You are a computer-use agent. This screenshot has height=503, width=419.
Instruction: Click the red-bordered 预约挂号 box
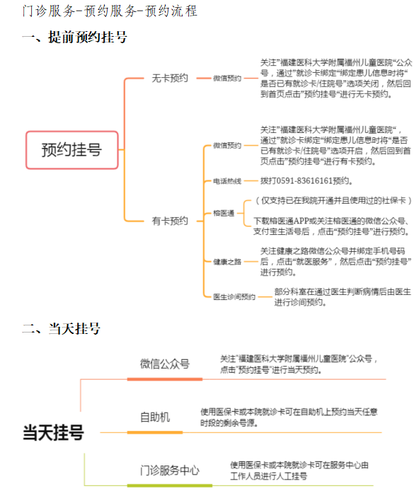[x=72, y=150]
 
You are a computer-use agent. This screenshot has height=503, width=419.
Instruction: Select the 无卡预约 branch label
[x=170, y=78]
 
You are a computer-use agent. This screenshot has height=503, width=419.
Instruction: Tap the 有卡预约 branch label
[x=170, y=221]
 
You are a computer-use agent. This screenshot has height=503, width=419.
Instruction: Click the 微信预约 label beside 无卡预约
[x=227, y=79]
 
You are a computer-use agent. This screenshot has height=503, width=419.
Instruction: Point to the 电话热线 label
[x=227, y=181]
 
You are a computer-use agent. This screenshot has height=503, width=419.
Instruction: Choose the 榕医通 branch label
[x=224, y=214]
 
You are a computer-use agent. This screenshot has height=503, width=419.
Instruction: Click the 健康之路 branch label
[x=227, y=262]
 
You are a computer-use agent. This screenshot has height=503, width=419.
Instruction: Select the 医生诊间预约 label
[x=234, y=297]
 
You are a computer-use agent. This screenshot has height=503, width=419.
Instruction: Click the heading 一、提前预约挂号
[x=75, y=37]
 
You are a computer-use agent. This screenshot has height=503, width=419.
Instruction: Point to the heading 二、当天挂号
[x=62, y=329]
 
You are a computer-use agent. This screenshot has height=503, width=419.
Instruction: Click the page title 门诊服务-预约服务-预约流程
[x=110, y=11]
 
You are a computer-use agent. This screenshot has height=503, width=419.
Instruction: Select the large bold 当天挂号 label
[x=53, y=433]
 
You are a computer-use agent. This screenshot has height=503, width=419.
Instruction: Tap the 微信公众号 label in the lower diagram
[x=165, y=364]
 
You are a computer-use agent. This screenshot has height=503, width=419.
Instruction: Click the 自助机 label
[x=155, y=417]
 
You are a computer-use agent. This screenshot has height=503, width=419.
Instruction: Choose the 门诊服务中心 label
[x=170, y=470]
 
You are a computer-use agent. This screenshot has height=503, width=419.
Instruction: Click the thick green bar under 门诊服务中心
[x=170, y=486]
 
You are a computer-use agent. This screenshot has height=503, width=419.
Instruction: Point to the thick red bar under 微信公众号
[x=165, y=379]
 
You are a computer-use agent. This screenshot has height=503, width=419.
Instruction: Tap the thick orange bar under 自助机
[x=155, y=432]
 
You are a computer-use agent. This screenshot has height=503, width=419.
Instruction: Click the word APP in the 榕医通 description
[x=301, y=221]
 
